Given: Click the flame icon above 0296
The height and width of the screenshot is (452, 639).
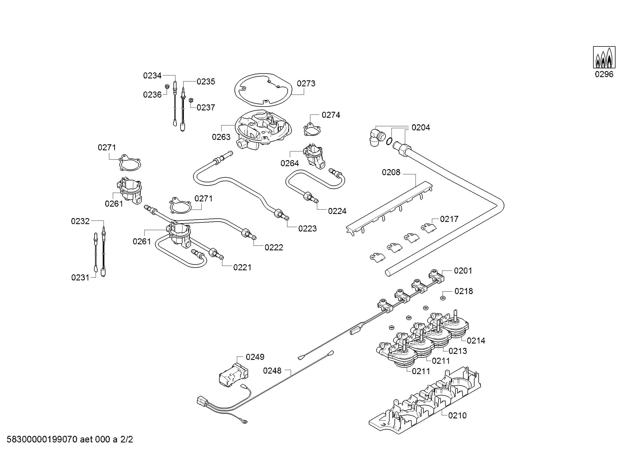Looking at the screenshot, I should pos(604,57).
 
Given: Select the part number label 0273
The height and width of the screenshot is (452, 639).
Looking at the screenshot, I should pos(306,84).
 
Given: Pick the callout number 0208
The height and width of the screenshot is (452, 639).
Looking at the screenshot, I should pos(391,172).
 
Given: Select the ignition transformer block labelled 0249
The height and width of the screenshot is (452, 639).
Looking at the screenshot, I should pos(233,376).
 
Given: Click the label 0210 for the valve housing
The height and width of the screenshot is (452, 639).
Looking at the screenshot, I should pos(457,416).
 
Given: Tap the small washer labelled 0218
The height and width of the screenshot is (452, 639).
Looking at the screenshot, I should pos(442,298).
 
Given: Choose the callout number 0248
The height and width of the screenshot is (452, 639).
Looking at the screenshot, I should pos(272,371).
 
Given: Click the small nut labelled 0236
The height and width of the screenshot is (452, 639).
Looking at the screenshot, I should pos(167,87).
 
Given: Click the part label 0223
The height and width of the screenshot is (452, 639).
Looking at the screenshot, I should pos(308,229).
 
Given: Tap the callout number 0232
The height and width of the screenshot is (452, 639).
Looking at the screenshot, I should pos(80,221).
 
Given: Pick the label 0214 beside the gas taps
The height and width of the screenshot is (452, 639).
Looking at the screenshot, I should pos(476,341).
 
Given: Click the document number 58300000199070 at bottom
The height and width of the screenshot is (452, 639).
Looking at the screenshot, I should pos(42,440).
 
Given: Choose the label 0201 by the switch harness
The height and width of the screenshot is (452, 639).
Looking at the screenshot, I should pos(463,271).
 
